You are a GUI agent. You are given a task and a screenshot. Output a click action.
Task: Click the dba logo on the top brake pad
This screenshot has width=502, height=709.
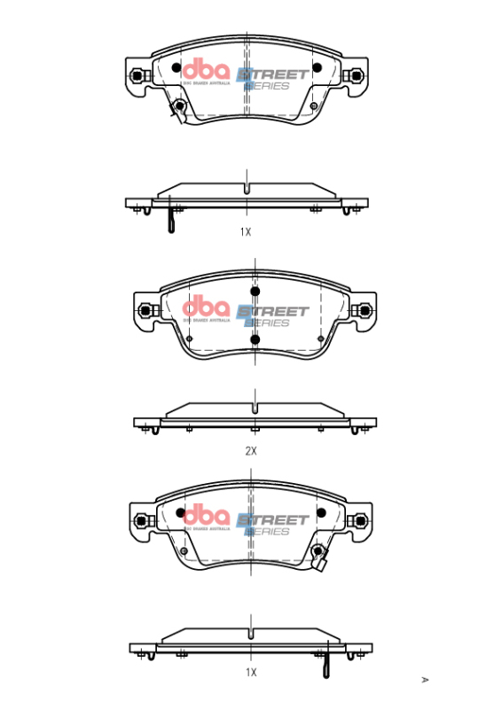[x=206, y=72]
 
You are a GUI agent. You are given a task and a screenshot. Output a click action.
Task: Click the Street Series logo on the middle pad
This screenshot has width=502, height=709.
[x=275, y=316]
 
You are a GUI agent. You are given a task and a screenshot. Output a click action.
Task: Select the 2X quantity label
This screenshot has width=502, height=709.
[x=251, y=451]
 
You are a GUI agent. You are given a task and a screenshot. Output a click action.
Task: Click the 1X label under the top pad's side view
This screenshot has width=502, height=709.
[x=246, y=231]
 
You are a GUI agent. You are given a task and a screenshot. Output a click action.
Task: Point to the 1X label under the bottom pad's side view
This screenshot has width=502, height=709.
[x=251, y=673]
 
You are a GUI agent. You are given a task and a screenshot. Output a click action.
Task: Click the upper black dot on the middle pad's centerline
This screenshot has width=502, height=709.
[x=255, y=292]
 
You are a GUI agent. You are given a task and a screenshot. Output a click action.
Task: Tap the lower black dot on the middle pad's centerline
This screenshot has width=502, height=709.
[x=255, y=339]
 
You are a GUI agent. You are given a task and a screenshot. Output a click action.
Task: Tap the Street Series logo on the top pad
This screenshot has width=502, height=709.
[x=275, y=78]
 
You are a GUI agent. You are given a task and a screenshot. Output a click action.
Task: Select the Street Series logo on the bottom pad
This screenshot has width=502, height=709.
[x=275, y=524]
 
